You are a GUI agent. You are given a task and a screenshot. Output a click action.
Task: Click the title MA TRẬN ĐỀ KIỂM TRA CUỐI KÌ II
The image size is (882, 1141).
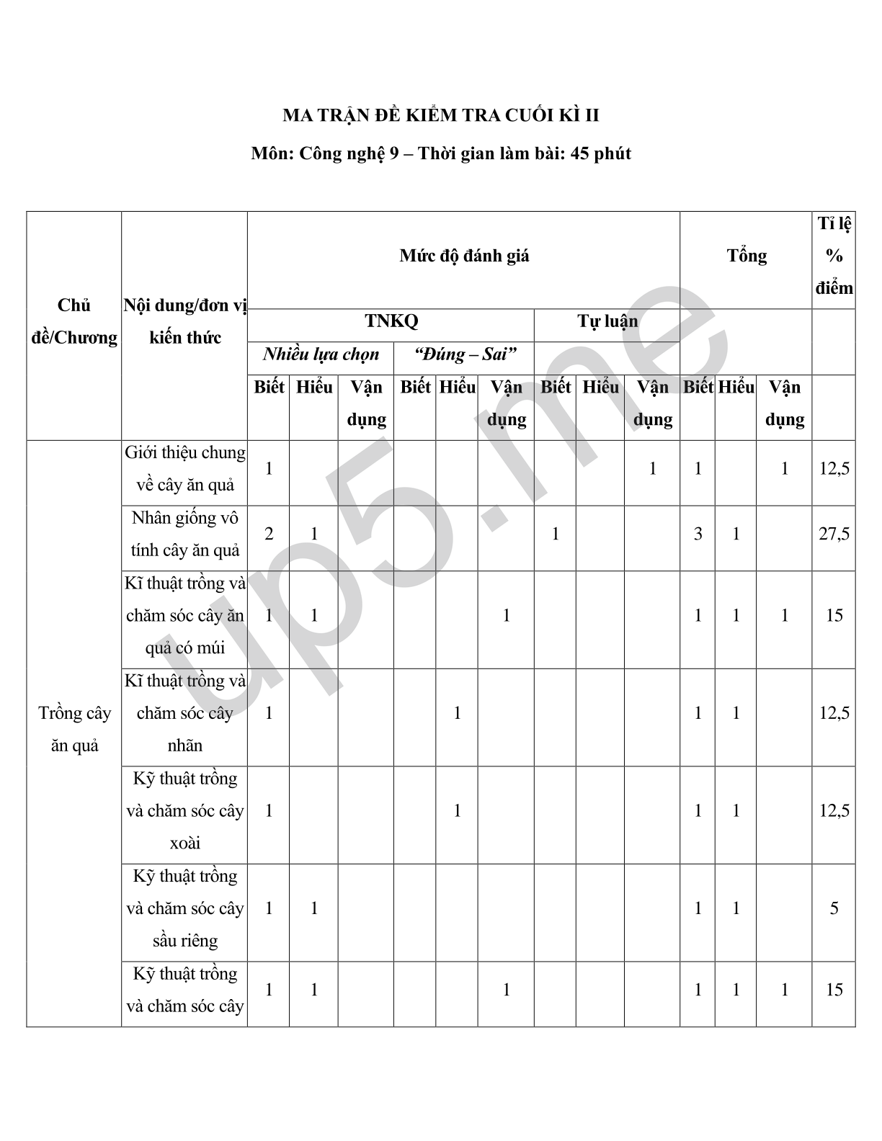pos(440,115)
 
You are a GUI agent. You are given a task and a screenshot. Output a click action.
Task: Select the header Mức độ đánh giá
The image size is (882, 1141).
pos(464,256)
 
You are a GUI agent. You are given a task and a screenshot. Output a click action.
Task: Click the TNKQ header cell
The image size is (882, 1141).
pos(391,321)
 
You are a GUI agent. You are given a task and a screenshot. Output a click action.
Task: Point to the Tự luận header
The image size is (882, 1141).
pos(607,321)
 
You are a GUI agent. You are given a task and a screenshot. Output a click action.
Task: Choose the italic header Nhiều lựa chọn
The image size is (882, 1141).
pos(321,354)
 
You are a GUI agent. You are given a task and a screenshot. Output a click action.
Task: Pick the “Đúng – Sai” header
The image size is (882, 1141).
pos(465,354)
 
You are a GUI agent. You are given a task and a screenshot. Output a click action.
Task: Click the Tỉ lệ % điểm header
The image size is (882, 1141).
pos(834,256)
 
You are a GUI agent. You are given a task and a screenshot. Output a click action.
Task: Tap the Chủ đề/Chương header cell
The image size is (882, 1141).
pos(74,321)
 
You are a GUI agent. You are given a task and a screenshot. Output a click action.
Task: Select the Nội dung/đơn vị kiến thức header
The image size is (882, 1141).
pos(184,321)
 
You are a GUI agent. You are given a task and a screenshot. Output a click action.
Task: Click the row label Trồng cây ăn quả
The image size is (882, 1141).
pos(74,728)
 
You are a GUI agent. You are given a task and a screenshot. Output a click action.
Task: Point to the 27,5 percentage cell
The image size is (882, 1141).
pos(834,534)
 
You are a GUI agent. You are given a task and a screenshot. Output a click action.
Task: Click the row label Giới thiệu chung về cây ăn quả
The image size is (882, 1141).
pos(184,468)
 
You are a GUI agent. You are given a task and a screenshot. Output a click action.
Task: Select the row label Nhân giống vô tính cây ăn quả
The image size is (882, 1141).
pos(184,534)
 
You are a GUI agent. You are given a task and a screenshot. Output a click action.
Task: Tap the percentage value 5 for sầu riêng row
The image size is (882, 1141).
pos(834,908)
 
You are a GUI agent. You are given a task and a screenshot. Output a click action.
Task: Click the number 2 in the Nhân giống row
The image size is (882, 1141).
pos(269,534)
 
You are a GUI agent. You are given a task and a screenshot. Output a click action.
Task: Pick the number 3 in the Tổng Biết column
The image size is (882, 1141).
pos(698,534)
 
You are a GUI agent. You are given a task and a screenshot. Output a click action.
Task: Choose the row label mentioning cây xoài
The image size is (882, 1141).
pos(184,810)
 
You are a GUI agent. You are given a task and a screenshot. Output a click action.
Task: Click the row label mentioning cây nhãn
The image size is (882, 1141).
pos(184,713)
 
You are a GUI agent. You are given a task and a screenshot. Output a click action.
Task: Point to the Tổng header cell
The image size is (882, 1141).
pos(746,256)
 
